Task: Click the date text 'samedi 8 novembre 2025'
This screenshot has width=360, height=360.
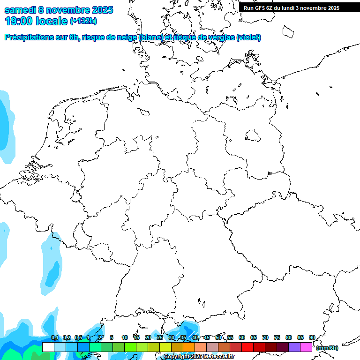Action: pyautogui.click(x=59, y=10)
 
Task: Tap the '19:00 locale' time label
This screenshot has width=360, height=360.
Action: pyautogui.click(x=36, y=21)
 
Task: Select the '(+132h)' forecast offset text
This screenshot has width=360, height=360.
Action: pyautogui.click(x=83, y=21)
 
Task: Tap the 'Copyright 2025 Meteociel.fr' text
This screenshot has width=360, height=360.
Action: pyautogui.click(x=199, y=357)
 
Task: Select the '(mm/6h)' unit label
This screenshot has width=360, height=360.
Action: pyautogui.click(x=327, y=348)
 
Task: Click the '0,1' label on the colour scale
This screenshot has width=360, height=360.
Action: pyautogui.click(x=55, y=338)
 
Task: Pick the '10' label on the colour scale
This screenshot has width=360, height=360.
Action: pyautogui.click(x=125, y=338)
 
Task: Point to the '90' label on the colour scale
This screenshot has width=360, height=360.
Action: pyautogui.click(x=312, y=338)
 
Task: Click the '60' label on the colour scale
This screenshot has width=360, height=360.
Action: pyautogui.click(x=242, y=338)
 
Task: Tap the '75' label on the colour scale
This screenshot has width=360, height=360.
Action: pyautogui.click(x=277, y=338)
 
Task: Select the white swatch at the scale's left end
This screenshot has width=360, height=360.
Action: pyautogui.click(x=48, y=347)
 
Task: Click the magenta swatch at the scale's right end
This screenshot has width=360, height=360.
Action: pyautogui.click(x=306, y=347)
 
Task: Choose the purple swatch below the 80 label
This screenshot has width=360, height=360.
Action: pyautogui.click(x=294, y=347)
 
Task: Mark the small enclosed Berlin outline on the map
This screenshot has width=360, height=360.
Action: pyautogui.click(x=253, y=136)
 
